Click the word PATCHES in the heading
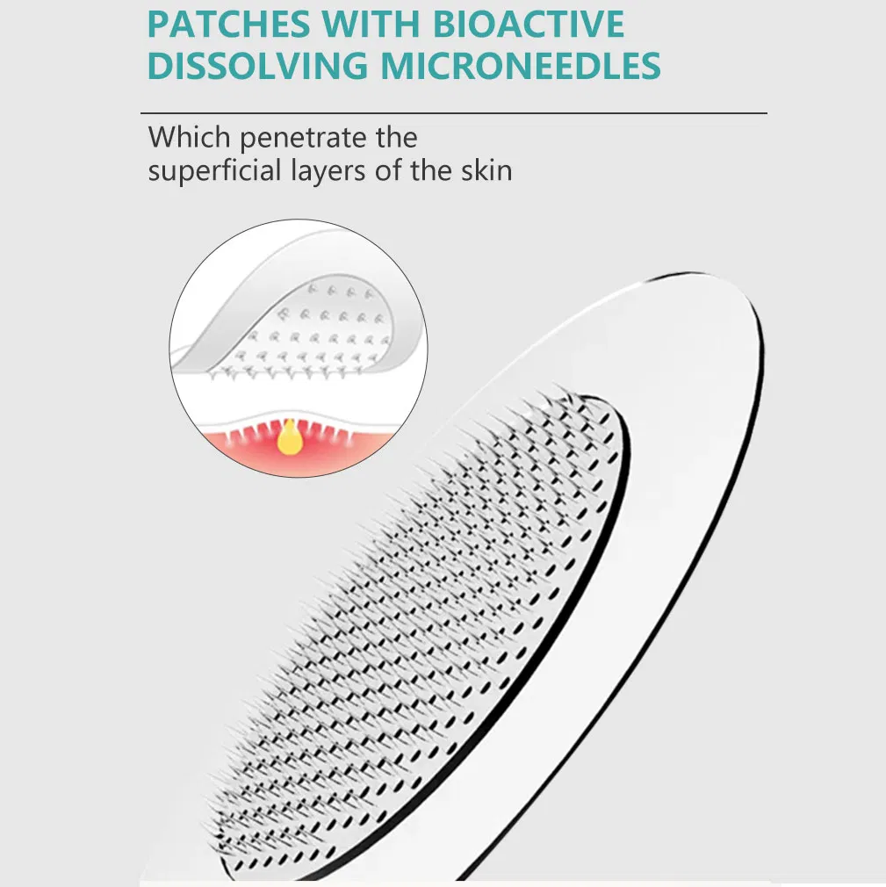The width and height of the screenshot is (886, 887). [228, 24]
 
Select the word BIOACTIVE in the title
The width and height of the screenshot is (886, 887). [529, 24]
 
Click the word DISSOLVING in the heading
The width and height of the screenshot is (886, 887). [257, 65]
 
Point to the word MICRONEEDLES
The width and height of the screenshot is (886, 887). [521, 65]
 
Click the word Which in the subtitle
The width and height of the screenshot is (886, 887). [189, 137]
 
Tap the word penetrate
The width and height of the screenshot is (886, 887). [303, 139]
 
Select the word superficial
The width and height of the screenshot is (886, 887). [214, 170]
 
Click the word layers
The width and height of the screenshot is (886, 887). [328, 172]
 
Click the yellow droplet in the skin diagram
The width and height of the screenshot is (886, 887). [290, 438]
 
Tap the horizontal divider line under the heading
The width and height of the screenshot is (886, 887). [454, 113]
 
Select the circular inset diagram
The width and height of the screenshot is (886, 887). [299, 348]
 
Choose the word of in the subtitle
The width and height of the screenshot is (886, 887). [387, 170]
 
